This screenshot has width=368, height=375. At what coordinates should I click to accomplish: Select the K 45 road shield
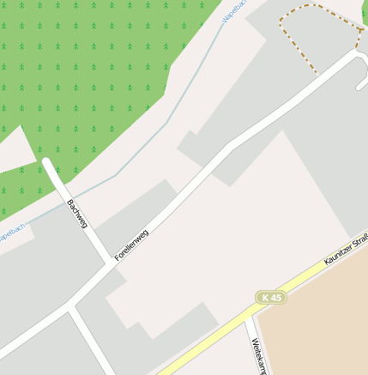271,297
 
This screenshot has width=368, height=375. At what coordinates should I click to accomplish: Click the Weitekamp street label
258,356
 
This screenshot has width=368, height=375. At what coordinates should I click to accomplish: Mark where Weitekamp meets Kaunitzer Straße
247,316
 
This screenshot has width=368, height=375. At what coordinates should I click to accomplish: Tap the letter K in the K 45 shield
266,297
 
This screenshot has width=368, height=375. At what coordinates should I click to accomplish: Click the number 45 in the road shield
275,297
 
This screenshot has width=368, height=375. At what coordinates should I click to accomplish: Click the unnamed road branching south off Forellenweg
90,339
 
